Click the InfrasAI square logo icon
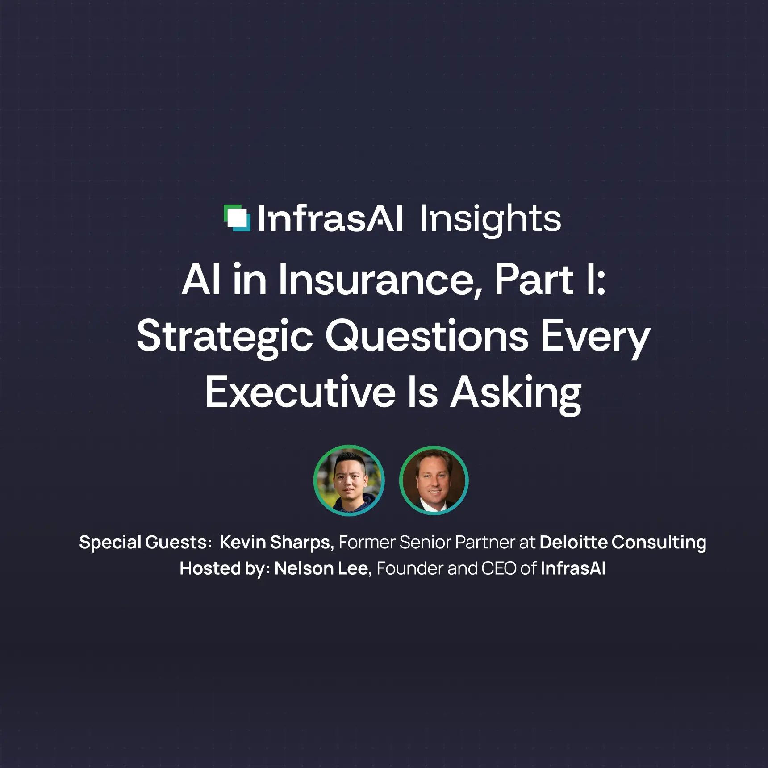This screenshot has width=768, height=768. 237,218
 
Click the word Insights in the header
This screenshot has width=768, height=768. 490,219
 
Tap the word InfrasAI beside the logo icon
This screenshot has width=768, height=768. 330,219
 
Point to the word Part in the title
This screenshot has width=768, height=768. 534,280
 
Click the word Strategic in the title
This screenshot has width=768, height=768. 225,337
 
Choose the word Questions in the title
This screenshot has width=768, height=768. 427,336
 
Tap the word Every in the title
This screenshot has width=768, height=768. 595,337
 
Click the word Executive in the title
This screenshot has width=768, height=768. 301,392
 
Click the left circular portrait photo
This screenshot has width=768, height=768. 349,480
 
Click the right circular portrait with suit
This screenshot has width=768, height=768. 434,480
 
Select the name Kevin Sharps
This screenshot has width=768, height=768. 276,543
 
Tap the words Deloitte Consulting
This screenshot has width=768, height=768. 622,543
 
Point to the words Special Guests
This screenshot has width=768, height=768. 145,543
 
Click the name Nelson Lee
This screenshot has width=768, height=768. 322,568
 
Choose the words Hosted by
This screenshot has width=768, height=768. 224,568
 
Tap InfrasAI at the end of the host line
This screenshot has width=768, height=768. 573,568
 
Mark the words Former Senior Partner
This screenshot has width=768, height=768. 427,543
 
